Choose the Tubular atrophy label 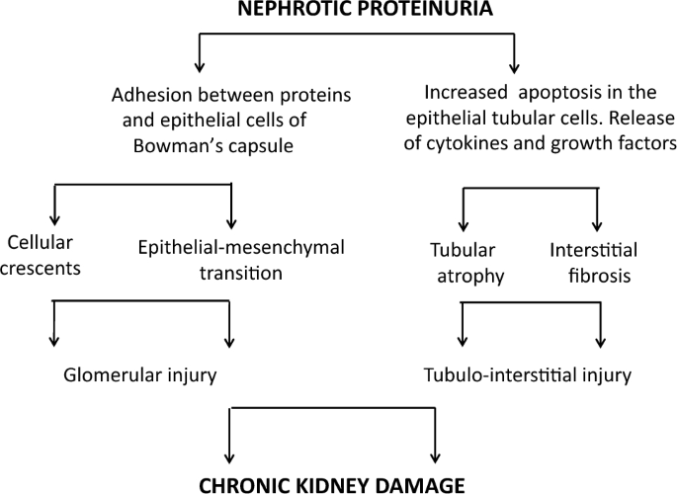pyautogui.click(x=468, y=263)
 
